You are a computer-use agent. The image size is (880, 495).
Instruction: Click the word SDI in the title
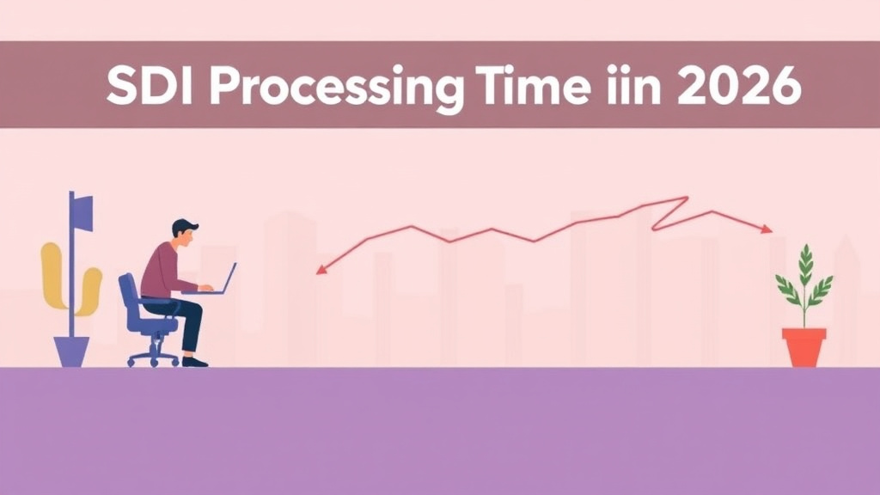145,87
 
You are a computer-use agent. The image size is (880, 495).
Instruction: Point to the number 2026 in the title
737,87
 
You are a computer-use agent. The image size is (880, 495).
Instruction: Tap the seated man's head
183,231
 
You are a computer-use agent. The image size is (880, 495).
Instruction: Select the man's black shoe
195,361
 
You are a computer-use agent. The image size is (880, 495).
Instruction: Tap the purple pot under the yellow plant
72,351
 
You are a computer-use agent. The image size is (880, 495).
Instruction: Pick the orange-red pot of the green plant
804,346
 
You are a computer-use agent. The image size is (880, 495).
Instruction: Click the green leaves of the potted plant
804,279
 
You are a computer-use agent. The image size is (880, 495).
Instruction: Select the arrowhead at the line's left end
321,270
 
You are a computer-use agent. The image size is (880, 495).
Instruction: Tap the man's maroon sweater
162,270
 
